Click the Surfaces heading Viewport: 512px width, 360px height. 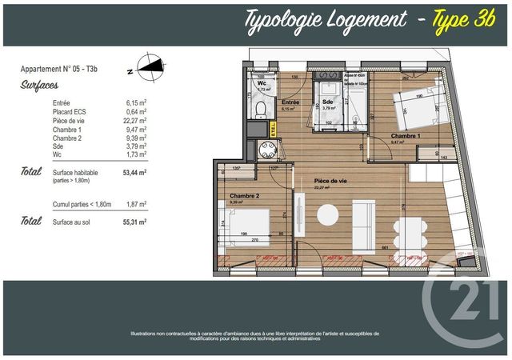(x=39, y=84)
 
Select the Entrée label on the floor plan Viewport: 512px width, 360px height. (x=290, y=103)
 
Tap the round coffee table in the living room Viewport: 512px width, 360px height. (x=327, y=215)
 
